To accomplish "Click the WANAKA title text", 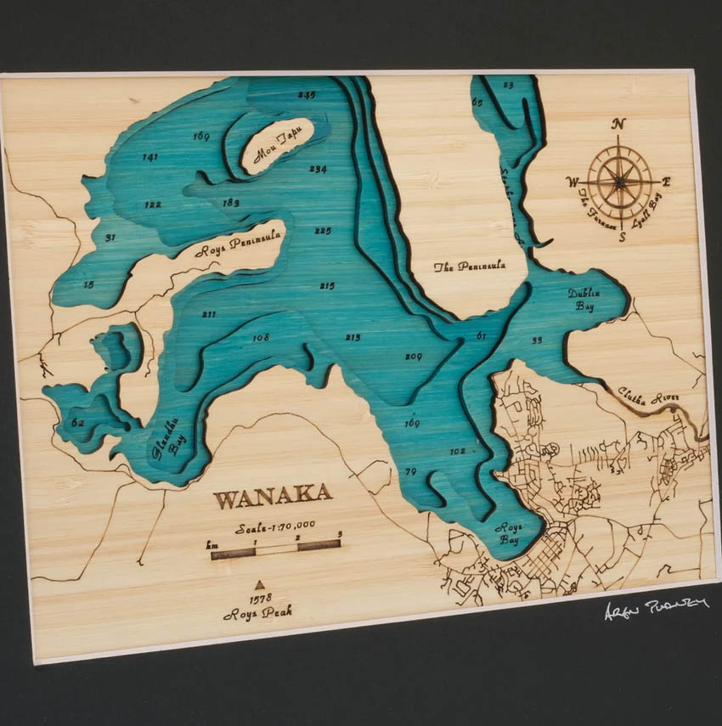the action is coord(273,496).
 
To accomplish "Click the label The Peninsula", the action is coord(470,266).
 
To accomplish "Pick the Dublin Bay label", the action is coord(584,300).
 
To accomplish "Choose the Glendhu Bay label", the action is coord(169,439).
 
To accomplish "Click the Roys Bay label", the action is coord(512,532).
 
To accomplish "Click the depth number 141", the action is coord(150,157).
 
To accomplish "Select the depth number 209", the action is coord(413,357).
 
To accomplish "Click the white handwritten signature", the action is coord(657,607).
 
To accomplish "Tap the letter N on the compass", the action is coord(619,124).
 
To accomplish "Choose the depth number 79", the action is coord(411,471).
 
